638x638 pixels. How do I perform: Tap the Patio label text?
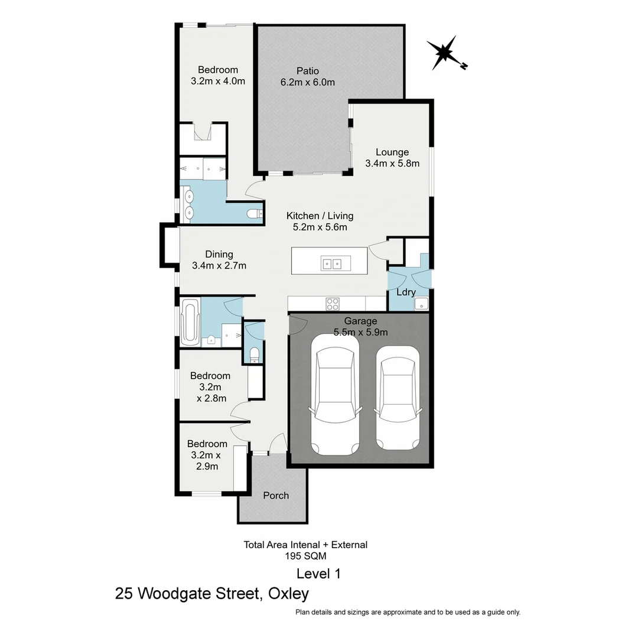coord(307,71)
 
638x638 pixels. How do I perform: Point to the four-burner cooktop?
coord(333,304)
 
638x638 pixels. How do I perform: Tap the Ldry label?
coord(406,292)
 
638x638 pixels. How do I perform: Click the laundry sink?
coord(422,304)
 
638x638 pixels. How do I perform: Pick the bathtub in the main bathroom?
coord(190,323)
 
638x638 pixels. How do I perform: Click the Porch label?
coord(276,496)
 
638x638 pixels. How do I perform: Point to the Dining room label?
coord(219,255)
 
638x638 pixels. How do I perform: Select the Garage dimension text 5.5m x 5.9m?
coord(360,332)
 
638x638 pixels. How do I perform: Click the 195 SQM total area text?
coord(305,556)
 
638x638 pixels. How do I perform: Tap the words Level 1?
coord(318,574)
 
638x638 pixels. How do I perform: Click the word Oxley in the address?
coord(288,593)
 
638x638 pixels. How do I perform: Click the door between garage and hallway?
coord(297,324)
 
